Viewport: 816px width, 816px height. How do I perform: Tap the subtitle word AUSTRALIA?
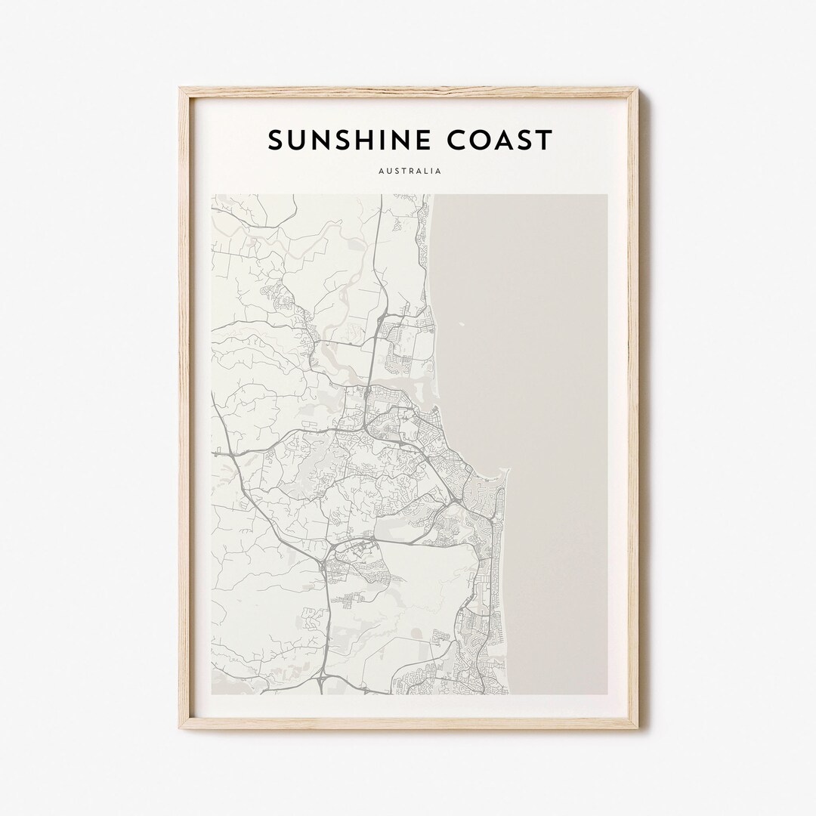click(x=408, y=172)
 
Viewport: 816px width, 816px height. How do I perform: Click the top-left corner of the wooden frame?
click(x=180, y=88)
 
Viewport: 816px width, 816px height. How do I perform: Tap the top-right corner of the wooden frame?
click(x=638, y=88)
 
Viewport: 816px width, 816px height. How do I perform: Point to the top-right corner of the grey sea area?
click(x=606, y=195)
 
